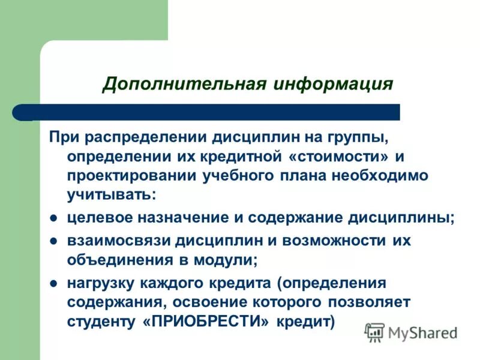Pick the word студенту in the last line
(103, 320)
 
